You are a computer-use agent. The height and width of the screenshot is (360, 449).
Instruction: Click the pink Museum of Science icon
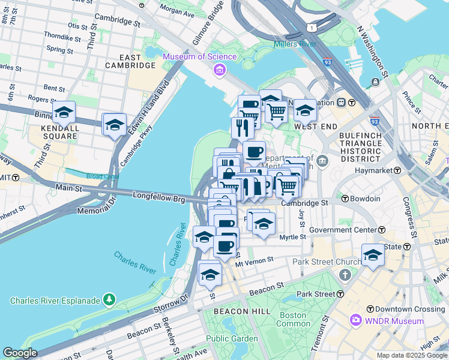click(x=220, y=71)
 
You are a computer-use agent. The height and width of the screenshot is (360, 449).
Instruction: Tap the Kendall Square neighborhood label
click(x=59, y=132)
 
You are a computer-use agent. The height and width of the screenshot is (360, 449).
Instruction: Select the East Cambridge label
click(x=131, y=61)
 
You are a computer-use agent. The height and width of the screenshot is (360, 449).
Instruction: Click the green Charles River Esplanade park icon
click(x=109, y=298)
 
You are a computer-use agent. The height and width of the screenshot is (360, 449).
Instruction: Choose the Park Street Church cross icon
click(x=345, y=275)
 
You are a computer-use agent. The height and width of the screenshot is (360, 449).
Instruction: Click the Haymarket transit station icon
click(x=396, y=170)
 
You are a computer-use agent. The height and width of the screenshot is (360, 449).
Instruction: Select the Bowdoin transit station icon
click(x=346, y=199)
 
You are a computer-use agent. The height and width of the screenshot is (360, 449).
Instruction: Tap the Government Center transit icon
click(x=382, y=230)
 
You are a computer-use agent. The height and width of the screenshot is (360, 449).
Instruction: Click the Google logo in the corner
click(x=20, y=353)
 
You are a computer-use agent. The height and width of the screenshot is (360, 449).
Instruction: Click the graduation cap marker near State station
click(x=372, y=254)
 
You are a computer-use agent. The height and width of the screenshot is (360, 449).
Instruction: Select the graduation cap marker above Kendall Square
click(x=64, y=112)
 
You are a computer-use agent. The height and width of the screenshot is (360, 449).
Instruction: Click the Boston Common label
click(x=293, y=319)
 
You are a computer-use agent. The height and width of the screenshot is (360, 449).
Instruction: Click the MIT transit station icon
click(x=16, y=178)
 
